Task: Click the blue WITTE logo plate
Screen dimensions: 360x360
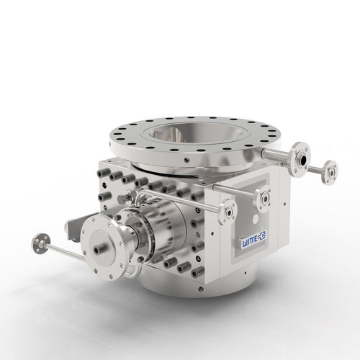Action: click(254, 239)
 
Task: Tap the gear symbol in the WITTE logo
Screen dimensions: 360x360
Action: click(262, 235)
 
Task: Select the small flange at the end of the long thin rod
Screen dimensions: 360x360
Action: click(40, 243)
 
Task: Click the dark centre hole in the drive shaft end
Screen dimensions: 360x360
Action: click(97, 251)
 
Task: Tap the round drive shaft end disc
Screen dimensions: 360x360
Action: click(104, 248)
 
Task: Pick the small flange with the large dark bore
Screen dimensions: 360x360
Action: click(300, 158)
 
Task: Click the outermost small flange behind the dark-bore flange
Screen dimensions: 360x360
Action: click(330, 173)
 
